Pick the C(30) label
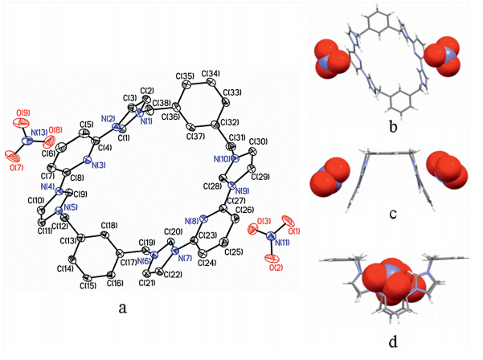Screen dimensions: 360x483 click(258, 143)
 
